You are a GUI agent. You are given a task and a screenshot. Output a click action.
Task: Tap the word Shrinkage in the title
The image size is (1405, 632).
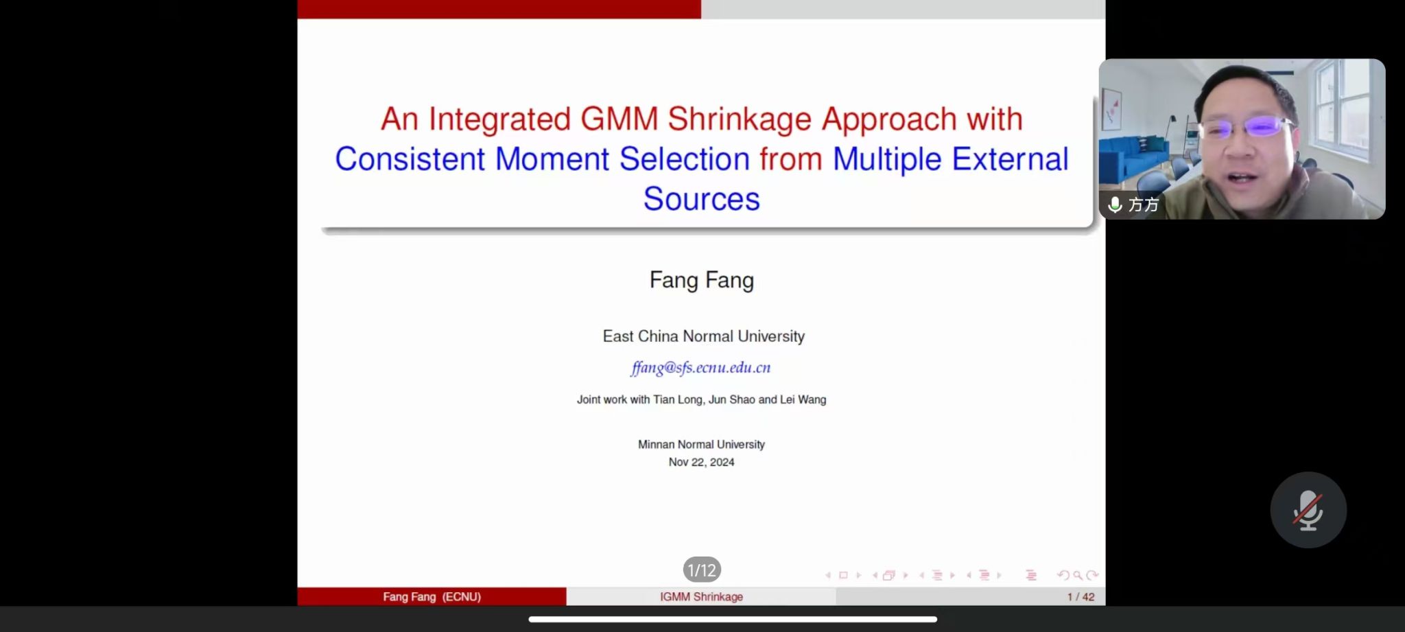[740, 119]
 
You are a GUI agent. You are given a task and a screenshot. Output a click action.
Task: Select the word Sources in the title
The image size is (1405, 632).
[701, 199]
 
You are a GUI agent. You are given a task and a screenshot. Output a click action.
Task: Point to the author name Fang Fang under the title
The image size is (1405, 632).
[701, 280]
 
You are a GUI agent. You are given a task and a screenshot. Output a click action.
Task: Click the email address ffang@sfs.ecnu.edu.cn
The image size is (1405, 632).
[700, 368]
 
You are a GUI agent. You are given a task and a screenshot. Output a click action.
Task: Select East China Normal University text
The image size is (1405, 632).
[703, 336]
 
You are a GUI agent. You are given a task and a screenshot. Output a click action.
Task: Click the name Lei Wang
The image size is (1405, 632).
[803, 399]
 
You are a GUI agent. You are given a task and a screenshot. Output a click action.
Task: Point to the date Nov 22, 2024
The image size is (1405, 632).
[701, 463]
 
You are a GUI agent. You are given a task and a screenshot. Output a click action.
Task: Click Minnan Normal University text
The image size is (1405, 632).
[701, 445]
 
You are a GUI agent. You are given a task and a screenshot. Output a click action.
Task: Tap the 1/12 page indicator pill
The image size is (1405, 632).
[702, 570]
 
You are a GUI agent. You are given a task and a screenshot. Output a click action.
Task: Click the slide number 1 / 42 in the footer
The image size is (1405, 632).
[1081, 597]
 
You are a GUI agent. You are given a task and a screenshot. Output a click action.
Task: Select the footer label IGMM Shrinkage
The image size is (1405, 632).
[701, 597]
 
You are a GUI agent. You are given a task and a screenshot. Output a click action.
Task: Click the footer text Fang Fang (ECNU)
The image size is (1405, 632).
[432, 597]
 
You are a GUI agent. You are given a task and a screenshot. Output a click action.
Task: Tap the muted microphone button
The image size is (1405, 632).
[1308, 510]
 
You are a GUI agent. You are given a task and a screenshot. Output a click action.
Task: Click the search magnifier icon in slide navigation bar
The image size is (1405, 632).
[1078, 576]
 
